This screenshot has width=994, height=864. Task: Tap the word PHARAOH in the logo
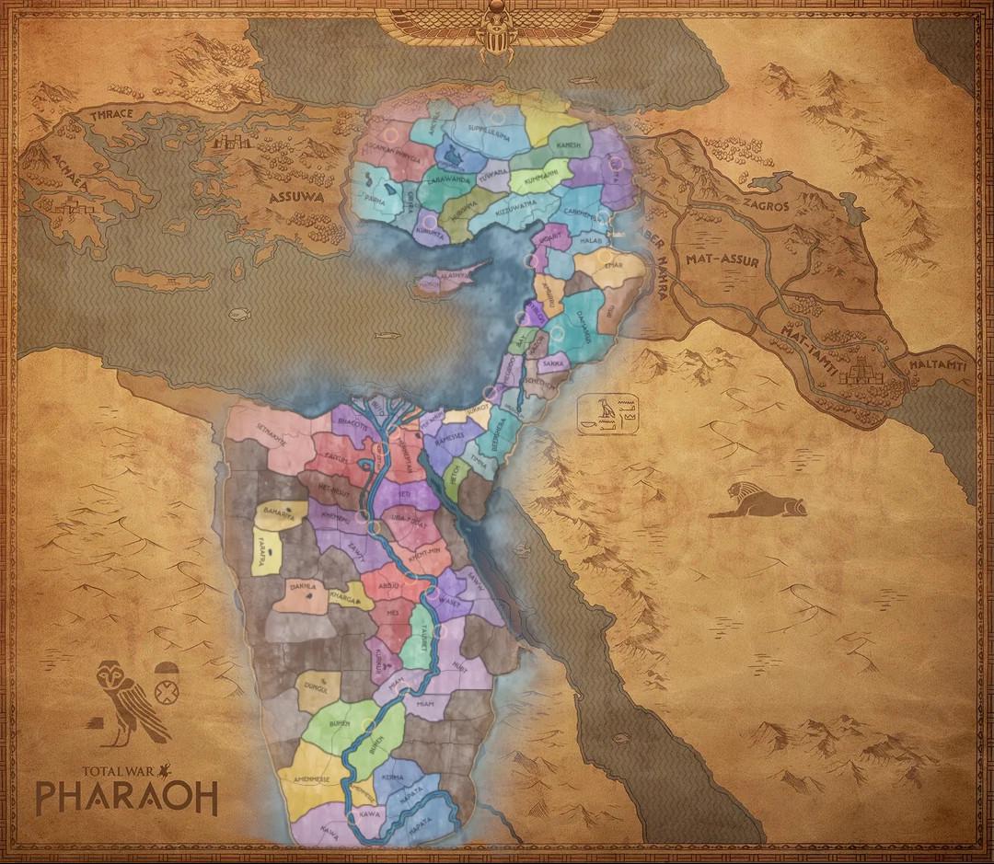[126, 797]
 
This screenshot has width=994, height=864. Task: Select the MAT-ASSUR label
[722, 261]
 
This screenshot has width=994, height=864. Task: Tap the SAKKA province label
[554, 365]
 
